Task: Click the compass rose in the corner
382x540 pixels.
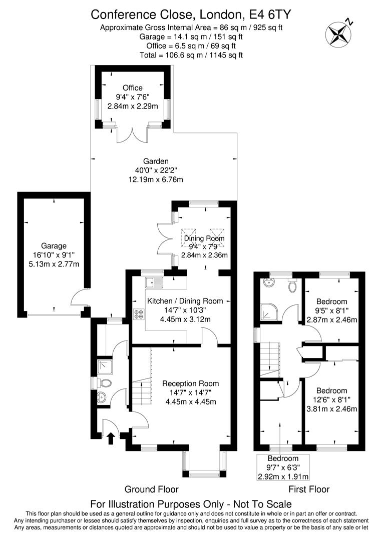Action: tap(338, 33)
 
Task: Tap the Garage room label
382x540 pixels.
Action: tap(54, 246)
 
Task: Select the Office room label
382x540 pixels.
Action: tap(133, 88)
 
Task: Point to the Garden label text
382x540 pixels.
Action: tap(156, 161)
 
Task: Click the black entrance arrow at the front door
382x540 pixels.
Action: tap(111, 438)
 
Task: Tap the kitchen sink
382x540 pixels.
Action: tap(154, 282)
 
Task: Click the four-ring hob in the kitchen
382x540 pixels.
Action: tap(139, 314)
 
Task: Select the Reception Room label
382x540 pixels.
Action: tap(191, 383)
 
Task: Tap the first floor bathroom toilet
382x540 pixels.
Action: tap(293, 285)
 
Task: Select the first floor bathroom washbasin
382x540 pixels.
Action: tap(269, 282)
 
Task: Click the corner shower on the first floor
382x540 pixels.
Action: tap(267, 310)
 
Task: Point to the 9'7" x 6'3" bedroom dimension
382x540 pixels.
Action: tap(283, 467)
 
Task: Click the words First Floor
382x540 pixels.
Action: tap(309, 489)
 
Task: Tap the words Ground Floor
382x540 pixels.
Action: tap(152, 489)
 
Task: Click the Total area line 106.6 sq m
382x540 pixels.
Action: tap(191, 55)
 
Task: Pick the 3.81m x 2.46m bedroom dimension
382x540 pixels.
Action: tap(331, 409)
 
